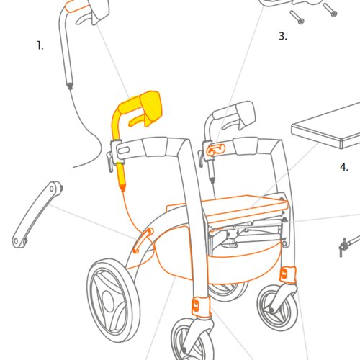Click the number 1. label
tap(40, 45)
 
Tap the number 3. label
tap(283, 36)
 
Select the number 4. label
tap(344, 167)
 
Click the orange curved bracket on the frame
tap(143, 240)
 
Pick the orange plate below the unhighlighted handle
tap(216, 150)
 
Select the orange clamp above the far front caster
tap(288, 274)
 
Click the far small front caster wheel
tap(277, 308)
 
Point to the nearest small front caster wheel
tap(192, 340)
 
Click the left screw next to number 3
tap(297, 17)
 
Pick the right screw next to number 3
tap(330, 9)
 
